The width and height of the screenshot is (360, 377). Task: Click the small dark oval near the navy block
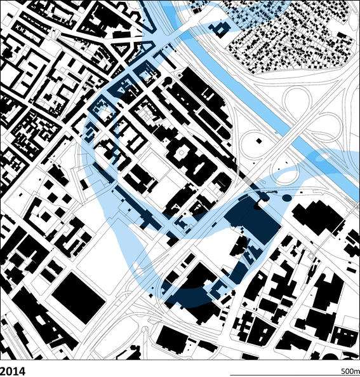[287, 199]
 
